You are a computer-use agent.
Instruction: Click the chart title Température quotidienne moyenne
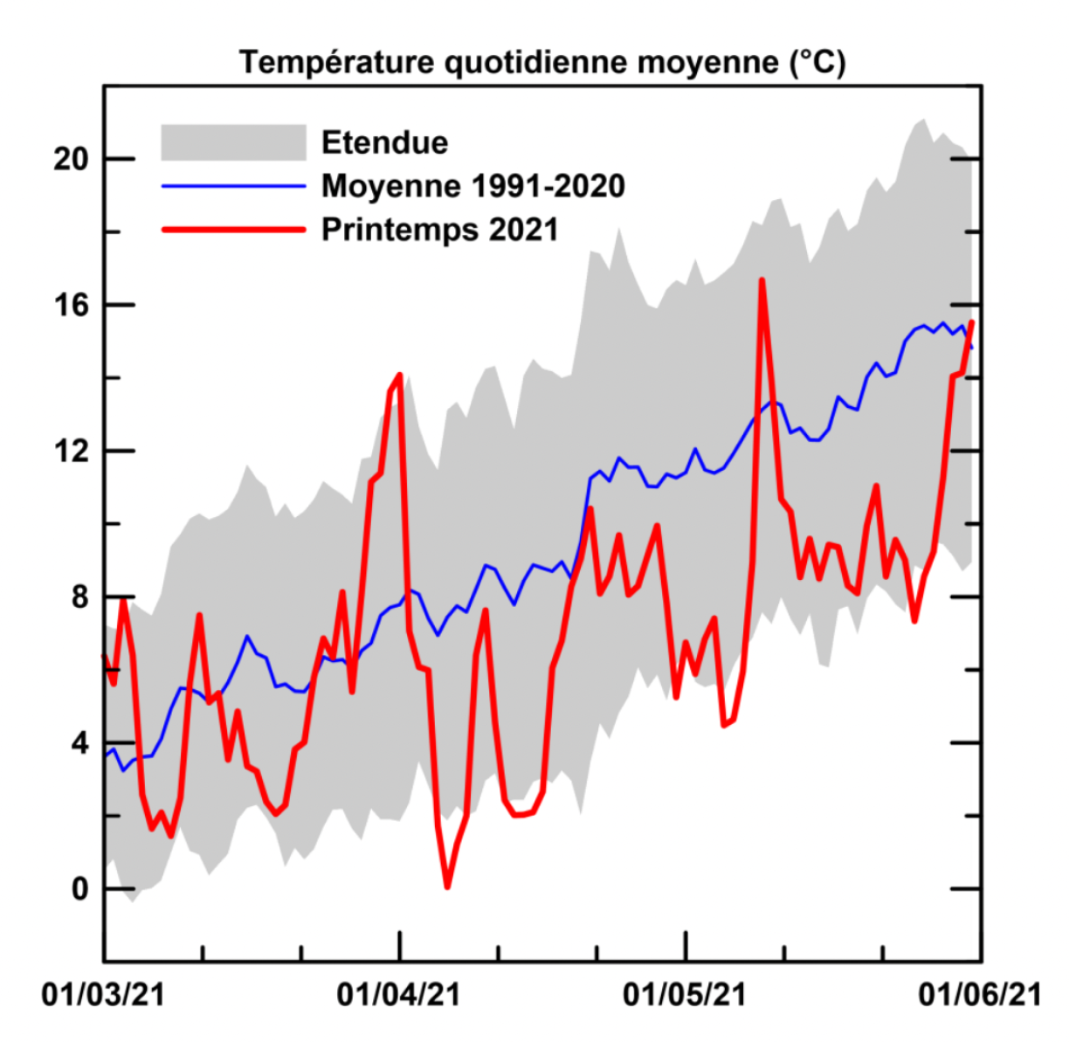pos(542,63)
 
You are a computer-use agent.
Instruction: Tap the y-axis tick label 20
pos(72,159)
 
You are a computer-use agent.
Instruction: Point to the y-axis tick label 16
pos(72,305)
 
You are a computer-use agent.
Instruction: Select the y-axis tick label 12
pos(72,451)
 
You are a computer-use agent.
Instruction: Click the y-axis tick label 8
pos(79,597)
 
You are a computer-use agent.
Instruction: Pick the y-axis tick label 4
pos(79,743)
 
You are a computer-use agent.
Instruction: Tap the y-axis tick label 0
pos(79,889)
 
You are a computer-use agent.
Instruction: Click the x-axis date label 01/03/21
pos(103,995)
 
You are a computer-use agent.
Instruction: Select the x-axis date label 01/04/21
pos(398,995)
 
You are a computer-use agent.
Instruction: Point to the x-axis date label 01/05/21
pos(685,995)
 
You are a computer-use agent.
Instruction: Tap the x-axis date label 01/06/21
pos(979,995)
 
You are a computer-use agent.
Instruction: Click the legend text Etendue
pos(384,142)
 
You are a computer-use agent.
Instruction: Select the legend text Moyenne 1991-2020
pos(472,186)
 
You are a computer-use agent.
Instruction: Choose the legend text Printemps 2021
pos(439,230)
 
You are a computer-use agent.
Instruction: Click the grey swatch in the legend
pos(233,142)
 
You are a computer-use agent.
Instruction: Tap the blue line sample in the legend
pos(233,186)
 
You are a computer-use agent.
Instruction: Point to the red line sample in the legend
pos(233,230)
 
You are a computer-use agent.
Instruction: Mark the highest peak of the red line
pos(762,280)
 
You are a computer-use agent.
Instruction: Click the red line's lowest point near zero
pos(447,887)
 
